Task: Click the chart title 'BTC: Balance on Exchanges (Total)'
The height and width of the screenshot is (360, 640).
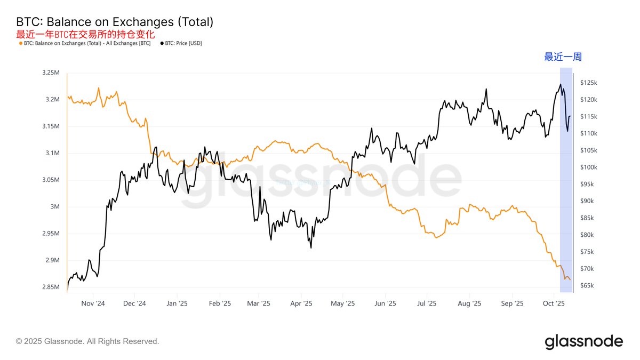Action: click(x=115, y=22)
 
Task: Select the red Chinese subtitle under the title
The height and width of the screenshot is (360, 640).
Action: click(x=85, y=34)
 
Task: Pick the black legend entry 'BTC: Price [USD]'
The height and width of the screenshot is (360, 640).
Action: click(x=181, y=43)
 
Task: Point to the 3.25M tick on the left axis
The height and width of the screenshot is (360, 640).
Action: click(x=52, y=73)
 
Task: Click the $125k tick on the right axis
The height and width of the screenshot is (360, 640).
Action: click(x=589, y=83)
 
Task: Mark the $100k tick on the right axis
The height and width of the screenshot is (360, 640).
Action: click(x=589, y=167)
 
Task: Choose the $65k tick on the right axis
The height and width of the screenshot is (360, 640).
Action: click(x=587, y=286)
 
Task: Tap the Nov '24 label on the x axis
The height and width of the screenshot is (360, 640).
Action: click(x=93, y=303)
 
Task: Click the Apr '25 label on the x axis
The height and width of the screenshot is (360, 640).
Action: click(x=301, y=303)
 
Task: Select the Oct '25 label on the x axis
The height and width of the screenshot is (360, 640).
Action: click(x=554, y=303)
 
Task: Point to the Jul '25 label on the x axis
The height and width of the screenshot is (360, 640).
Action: click(x=427, y=303)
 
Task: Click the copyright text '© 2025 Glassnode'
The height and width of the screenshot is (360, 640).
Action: click(x=87, y=341)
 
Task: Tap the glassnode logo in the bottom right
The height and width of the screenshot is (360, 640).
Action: click(x=583, y=341)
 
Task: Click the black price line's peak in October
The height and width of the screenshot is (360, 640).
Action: click(x=560, y=84)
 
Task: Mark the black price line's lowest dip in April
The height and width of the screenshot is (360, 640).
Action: click(x=310, y=247)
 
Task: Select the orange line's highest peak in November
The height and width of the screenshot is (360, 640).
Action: click(x=99, y=88)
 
